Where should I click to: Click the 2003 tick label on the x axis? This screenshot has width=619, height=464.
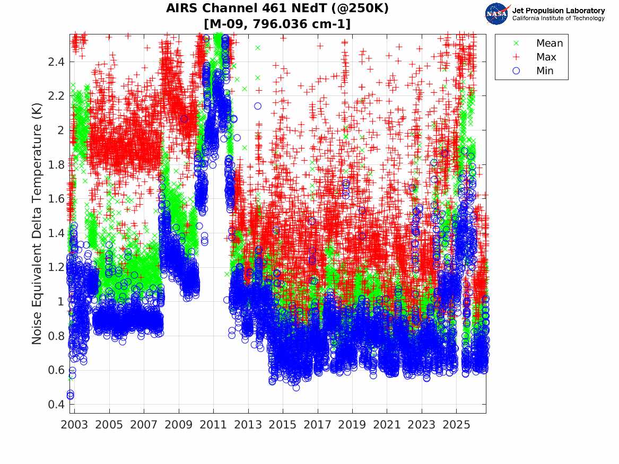pos(74,425)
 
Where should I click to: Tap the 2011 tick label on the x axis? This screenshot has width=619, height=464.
pos(213,425)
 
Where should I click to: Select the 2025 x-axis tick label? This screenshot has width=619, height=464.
pos(456,425)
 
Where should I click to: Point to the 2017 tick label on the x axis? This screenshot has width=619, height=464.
pos(317,425)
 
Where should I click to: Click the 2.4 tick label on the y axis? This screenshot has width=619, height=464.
pos(56,62)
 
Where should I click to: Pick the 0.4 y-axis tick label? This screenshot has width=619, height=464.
pos(56,405)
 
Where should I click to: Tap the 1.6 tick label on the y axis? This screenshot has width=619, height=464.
pos(56,198)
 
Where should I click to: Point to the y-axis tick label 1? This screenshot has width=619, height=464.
pos(61,301)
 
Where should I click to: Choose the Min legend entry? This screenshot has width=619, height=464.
pos(533,71)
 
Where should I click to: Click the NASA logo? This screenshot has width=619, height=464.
pos(497,14)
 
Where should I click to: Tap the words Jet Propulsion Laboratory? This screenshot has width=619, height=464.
pos(559,11)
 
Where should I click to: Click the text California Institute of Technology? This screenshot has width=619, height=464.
pos(559,18)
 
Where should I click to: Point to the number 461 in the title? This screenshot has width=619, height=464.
pos(273,8)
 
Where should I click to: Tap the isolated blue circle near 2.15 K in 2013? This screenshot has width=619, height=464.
pos(258,106)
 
